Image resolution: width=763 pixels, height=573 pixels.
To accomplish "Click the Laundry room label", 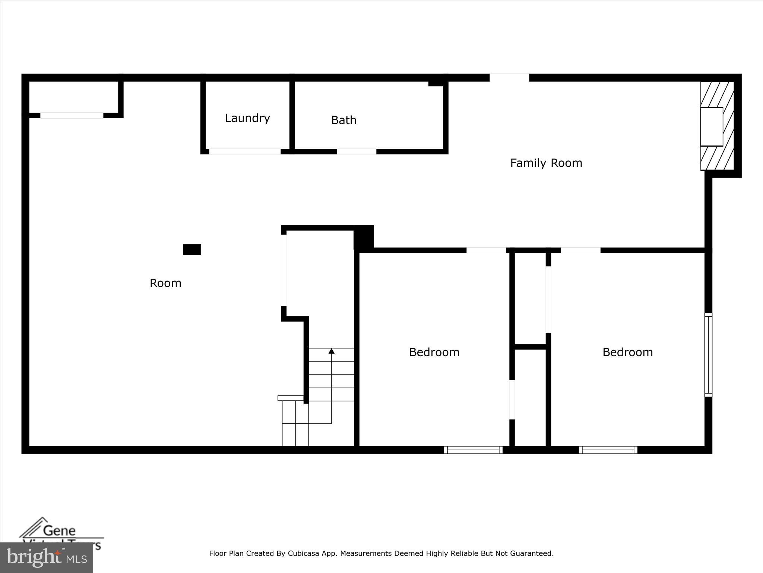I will [x=247, y=118].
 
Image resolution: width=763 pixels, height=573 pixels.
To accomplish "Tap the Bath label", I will [x=343, y=120].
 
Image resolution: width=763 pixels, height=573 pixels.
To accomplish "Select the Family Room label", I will [x=546, y=163].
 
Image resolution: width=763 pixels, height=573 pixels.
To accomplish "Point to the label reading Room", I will [x=165, y=283].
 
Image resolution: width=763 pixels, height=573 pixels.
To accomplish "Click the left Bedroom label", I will [x=434, y=352].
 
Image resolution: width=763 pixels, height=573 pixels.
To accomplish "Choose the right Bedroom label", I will [x=627, y=352].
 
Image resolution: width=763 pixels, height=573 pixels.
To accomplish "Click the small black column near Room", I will [x=192, y=250].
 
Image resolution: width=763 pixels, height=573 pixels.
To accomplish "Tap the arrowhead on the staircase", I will [x=331, y=351].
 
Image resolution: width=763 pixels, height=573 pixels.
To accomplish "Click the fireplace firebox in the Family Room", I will [x=711, y=127].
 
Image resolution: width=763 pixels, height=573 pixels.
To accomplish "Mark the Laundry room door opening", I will [x=245, y=151].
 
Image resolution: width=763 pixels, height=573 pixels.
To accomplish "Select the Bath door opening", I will [x=357, y=151].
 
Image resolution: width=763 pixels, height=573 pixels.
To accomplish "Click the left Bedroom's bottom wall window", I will [x=473, y=450].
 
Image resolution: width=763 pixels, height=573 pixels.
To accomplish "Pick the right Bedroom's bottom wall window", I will [x=608, y=450].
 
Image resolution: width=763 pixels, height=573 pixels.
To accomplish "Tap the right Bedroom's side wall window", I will [x=708, y=355].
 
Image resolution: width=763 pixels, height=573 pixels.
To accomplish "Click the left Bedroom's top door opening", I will [x=486, y=250].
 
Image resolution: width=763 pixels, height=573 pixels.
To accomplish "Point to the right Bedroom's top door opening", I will [x=580, y=250].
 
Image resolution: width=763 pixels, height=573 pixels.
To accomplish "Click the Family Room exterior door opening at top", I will [x=509, y=78].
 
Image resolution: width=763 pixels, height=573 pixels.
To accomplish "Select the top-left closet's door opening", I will [x=72, y=116].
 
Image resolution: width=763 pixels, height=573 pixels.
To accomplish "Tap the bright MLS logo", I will [x=47, y=558].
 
